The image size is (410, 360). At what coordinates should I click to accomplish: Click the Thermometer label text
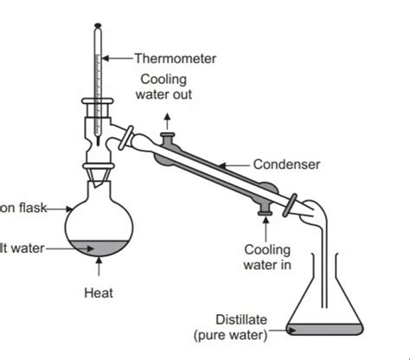pos(176,59)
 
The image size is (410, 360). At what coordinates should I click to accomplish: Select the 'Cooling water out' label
pos(166,87)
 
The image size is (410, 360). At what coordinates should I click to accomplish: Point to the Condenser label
pos(287,164)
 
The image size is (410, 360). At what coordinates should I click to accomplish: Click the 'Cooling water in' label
pos(267,257)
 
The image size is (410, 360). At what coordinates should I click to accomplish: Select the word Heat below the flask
pos(98,293)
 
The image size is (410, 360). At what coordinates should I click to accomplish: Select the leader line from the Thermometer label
pos(119,59)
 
